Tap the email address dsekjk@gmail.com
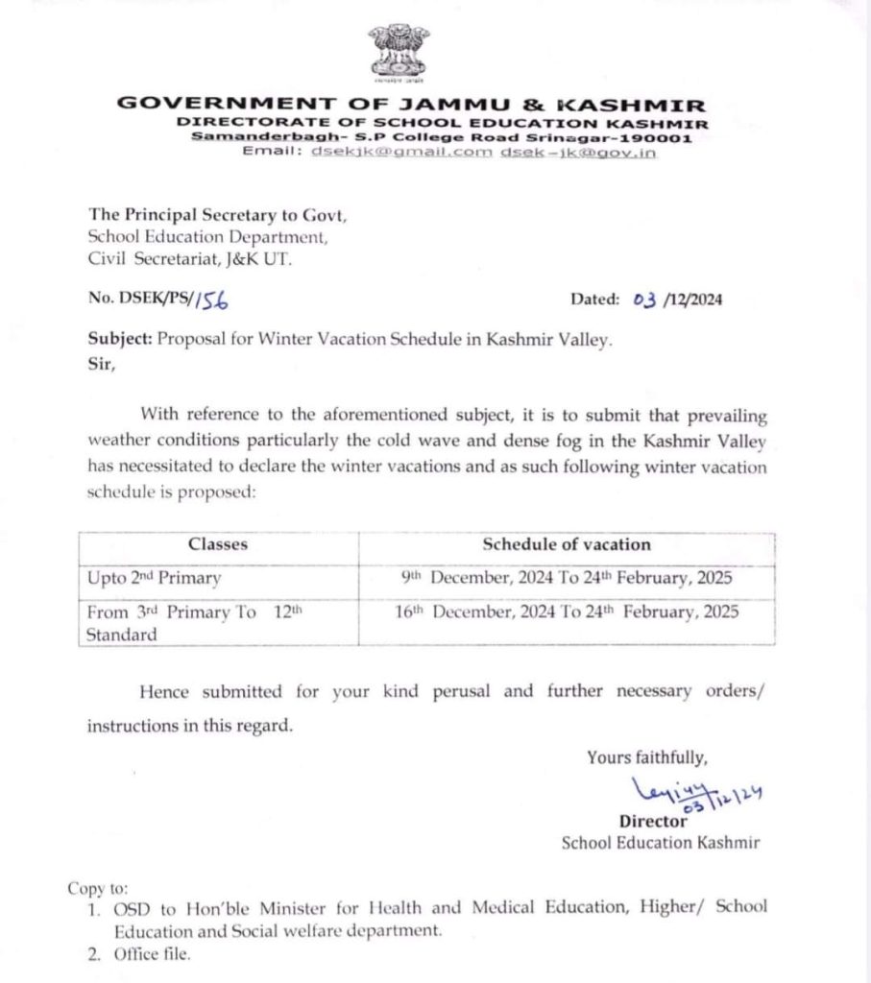tap(401, 154)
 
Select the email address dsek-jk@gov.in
tap(578, 154)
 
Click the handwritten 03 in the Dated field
tap(643, 300)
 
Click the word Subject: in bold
tap(120, 339)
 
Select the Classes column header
tap(218, 544)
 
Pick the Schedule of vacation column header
tap(566, 544)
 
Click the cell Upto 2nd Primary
tap(154, 579)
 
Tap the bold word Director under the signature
tap(653, 821)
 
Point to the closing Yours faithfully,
tap(647, 757)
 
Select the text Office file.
tap(152, 954)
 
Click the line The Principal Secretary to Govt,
tap(217, 215)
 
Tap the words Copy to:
tap(97, 888)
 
